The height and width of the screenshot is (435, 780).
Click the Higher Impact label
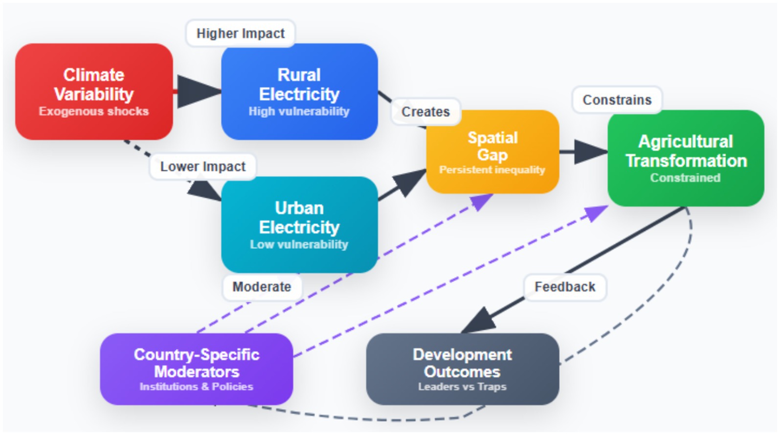point(240,33)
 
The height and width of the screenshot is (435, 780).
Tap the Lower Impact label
point(202,167)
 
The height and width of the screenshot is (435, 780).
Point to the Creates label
point(425,111)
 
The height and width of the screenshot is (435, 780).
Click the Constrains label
point(617,100)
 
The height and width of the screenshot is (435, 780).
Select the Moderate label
point(262,286)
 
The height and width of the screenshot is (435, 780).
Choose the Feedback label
point(565,286)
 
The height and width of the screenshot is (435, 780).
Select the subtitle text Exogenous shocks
point(94,111)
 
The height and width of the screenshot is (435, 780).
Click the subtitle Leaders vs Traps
point(462,387)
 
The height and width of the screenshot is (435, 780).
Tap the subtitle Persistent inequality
point(492,170)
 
